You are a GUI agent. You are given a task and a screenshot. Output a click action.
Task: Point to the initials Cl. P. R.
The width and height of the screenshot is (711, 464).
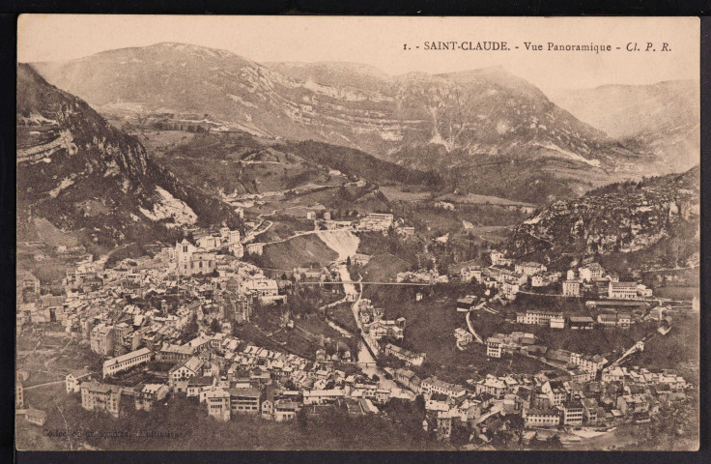[648, 46]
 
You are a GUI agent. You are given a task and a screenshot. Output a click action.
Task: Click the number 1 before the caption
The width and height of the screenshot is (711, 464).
[406, 46]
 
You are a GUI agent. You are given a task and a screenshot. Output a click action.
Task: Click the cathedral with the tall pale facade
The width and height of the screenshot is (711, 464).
[186, 257]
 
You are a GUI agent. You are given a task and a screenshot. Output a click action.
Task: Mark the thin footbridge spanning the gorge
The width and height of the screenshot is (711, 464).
[386, 283]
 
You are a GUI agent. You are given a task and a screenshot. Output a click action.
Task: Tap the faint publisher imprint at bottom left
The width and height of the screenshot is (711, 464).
[111, 434]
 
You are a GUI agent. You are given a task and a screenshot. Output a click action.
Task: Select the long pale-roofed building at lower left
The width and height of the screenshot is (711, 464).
[127, 361]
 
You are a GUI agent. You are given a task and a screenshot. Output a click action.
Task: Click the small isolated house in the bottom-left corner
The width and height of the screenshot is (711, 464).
[35, 416]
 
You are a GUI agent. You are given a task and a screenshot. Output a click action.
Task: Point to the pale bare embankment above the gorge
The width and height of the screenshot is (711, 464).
[338, 243]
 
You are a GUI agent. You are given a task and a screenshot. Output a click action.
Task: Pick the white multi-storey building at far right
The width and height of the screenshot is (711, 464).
[623, 290]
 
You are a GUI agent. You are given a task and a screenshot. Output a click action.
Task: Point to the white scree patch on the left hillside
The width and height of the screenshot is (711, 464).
[169, 208]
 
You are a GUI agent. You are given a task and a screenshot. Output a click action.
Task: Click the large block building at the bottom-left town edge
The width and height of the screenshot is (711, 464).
[100, 396]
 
